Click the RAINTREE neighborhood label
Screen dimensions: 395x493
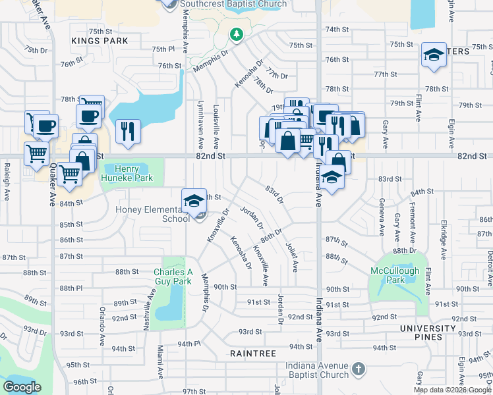[253, 354]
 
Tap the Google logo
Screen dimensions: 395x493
[22, 387]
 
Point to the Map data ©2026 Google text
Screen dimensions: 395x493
[452, 390]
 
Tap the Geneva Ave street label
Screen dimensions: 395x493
[381, 215]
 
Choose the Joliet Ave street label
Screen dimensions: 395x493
[290, 256]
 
